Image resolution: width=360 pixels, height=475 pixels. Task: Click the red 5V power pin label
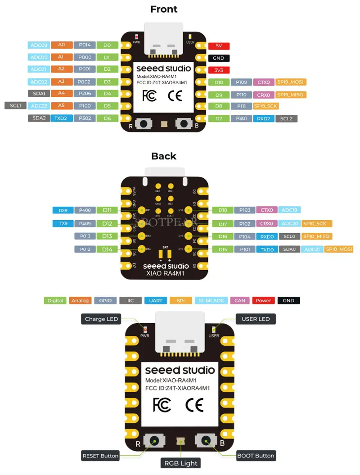click(219, 46)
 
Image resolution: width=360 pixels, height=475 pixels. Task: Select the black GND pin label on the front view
click(219, 58)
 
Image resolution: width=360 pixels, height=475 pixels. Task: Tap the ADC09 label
click(38, 45)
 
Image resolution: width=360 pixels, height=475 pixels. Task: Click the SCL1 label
click(15, 106)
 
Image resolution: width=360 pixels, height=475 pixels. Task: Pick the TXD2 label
click(61, 118)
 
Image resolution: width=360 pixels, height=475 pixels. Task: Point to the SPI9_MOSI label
click(290, 82)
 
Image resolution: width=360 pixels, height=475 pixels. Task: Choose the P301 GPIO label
click(241, 119)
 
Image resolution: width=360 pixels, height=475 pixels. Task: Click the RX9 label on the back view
click(63, 210)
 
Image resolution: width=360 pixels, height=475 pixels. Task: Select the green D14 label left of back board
click(107, 249)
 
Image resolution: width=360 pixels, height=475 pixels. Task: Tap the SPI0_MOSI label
click(338, 249)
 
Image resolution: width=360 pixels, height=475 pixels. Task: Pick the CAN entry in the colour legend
click(240, 300)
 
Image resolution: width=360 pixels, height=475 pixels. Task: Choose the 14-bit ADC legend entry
click(211, 300)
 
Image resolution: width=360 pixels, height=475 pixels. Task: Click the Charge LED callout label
click(101, 319)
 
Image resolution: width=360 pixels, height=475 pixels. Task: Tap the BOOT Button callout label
click(256, 456)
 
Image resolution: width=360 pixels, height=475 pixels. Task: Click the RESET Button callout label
click(100, 456)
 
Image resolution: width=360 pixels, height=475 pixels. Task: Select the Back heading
click(164, 156)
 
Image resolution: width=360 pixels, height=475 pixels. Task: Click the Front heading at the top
click(164, 9)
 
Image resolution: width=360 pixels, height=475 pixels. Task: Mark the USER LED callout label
click(256, 319)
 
